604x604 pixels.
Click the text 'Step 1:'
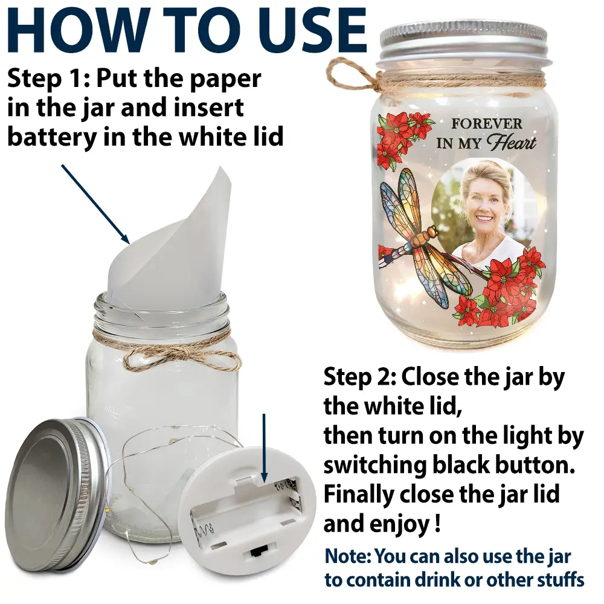pos(48,78)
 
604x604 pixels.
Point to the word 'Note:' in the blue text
pos(349,557)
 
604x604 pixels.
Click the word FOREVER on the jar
pos(486,124)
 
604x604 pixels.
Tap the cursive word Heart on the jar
pos(511,143)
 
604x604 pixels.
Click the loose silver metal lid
pos(58,497)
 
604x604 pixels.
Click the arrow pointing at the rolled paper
pos(95,204)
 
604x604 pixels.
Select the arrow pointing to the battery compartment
pos(264,448)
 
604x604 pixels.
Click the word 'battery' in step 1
pos(52,137)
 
